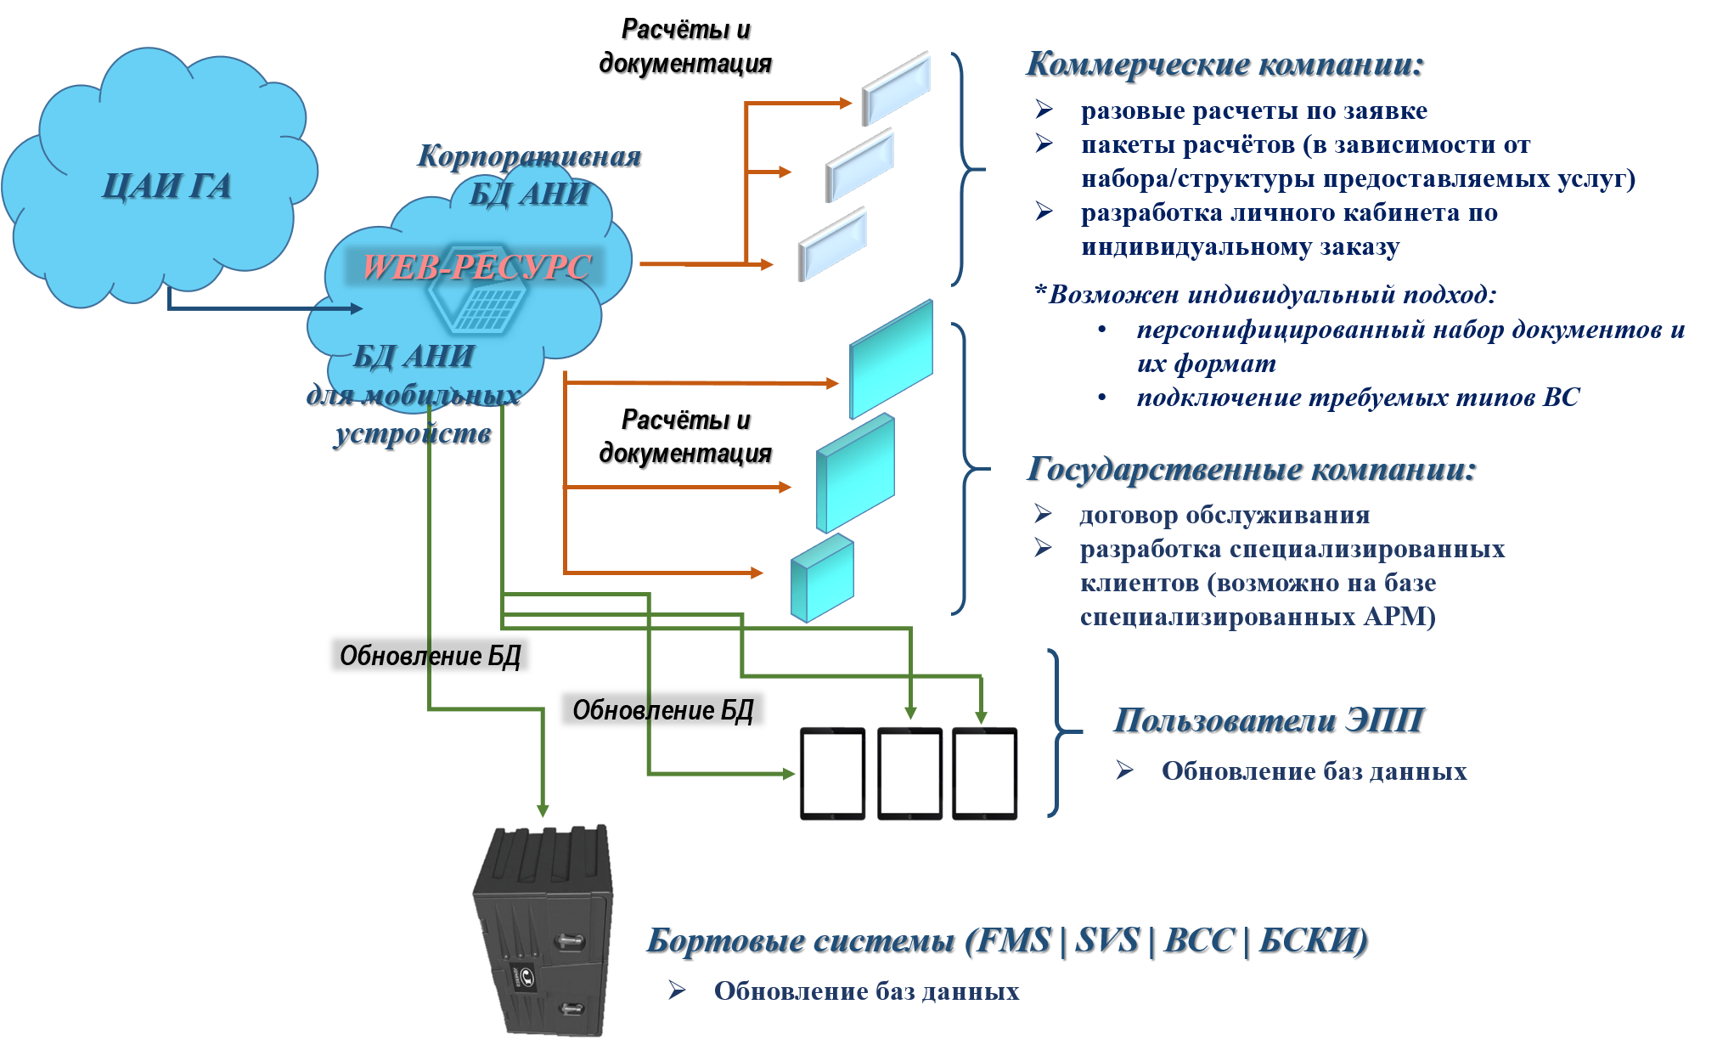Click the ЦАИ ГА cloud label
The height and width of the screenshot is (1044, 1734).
[x=166, y=187]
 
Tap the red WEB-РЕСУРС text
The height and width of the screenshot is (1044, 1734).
[x=476, y=267]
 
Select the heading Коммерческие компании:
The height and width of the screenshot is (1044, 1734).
[x=1224, y=65]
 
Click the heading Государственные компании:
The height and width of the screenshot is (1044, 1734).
[x=1250, y=469]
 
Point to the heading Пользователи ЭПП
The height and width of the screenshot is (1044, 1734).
[x=1267, y=720]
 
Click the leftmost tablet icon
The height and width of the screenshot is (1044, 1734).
[x=832, y=773]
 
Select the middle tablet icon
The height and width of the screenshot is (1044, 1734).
[x=909, y=773]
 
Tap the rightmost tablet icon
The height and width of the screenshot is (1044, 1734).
[x=984, y=773]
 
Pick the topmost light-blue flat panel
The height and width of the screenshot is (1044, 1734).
[x=896, y=87]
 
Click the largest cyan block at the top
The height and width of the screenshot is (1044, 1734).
[x=892, y=358]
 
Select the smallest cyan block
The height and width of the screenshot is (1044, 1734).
[x=822, y=578]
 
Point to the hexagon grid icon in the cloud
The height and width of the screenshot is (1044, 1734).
[x=478, y=302]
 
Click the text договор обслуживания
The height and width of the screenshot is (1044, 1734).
[x=1224, y=516]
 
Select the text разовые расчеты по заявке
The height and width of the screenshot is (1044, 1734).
[x=1253, y=111]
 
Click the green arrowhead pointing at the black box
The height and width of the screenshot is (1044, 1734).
[x=543, y=810]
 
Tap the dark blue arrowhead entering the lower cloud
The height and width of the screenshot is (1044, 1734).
[x=357, y=308]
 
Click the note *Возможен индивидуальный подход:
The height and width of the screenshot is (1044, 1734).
[x=1265, y=295]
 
